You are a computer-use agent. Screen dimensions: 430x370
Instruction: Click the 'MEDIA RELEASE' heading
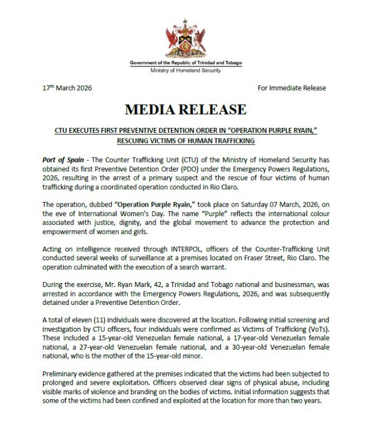point(185,109)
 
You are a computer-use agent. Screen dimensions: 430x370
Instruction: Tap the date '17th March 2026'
point(68,88)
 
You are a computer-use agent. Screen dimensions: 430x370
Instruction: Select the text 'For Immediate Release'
point(292,88)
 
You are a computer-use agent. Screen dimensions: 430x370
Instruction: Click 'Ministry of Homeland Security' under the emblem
point(185,70)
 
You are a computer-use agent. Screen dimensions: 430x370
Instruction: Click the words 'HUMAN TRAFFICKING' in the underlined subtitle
point(220,140)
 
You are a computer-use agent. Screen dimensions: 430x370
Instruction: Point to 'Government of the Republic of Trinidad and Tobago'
point(186,63)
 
